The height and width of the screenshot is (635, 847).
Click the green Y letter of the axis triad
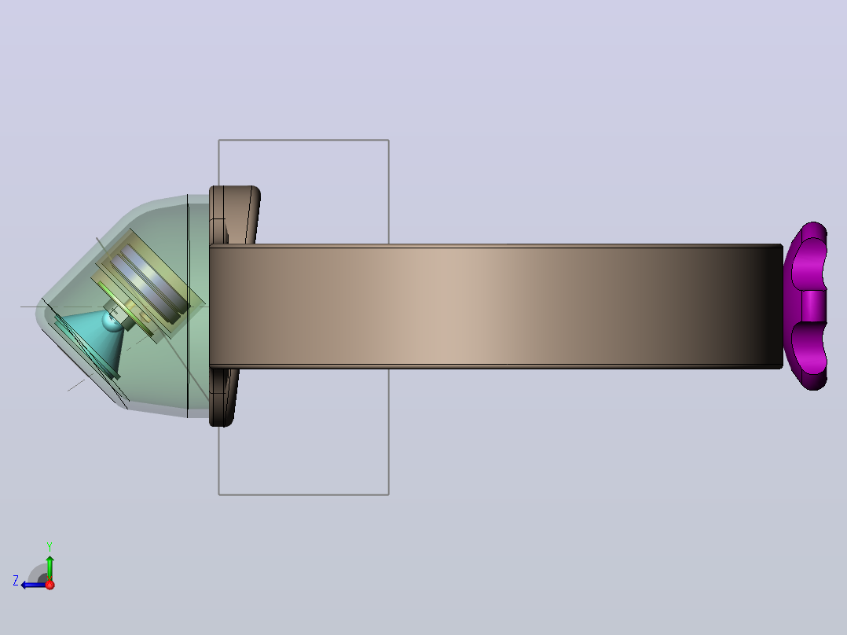click(49, 546)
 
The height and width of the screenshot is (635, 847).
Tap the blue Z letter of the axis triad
click(16, 581)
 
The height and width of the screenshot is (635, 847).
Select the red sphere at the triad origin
click(49, 585)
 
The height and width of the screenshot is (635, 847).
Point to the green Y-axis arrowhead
click(49, 560)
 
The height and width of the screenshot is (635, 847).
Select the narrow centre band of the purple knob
click(814, 306)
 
